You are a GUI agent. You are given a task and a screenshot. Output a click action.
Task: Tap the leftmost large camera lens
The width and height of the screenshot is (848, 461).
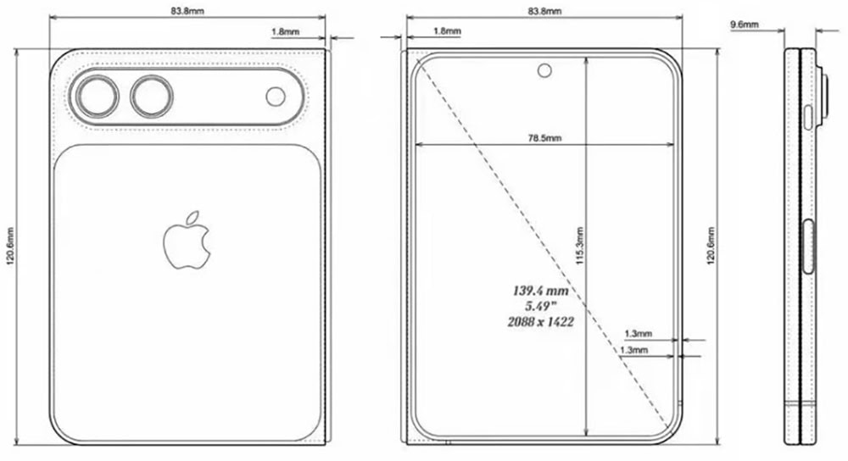95,97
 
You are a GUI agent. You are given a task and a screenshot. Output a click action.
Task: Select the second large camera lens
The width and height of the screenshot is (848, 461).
151,97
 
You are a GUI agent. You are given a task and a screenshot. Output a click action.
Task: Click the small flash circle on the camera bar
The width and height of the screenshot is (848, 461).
276,97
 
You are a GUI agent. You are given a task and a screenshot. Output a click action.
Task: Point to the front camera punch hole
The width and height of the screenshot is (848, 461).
543,69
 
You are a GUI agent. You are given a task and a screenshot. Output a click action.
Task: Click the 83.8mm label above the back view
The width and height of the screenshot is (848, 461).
187,12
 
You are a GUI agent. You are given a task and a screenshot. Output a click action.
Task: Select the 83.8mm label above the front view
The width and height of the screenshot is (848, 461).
544,12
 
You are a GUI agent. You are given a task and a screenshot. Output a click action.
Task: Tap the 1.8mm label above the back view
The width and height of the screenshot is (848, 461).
284,31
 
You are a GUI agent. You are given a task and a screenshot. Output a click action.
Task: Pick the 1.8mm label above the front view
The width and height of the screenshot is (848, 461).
447,31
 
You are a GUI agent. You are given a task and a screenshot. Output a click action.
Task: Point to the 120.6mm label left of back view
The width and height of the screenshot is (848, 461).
10,246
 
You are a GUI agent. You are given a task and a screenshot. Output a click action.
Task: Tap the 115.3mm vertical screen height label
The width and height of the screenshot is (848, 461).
579,246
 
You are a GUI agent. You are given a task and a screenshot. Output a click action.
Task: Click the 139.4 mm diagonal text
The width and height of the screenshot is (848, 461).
539,291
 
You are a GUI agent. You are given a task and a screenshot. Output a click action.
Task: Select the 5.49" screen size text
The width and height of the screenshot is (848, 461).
539,306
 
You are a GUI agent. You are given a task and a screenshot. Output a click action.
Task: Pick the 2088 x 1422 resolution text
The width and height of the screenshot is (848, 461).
539,322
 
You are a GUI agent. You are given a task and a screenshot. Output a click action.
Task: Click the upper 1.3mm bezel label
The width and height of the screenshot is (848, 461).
638,334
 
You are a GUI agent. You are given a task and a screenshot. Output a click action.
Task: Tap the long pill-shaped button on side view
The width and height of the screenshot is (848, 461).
808,247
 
